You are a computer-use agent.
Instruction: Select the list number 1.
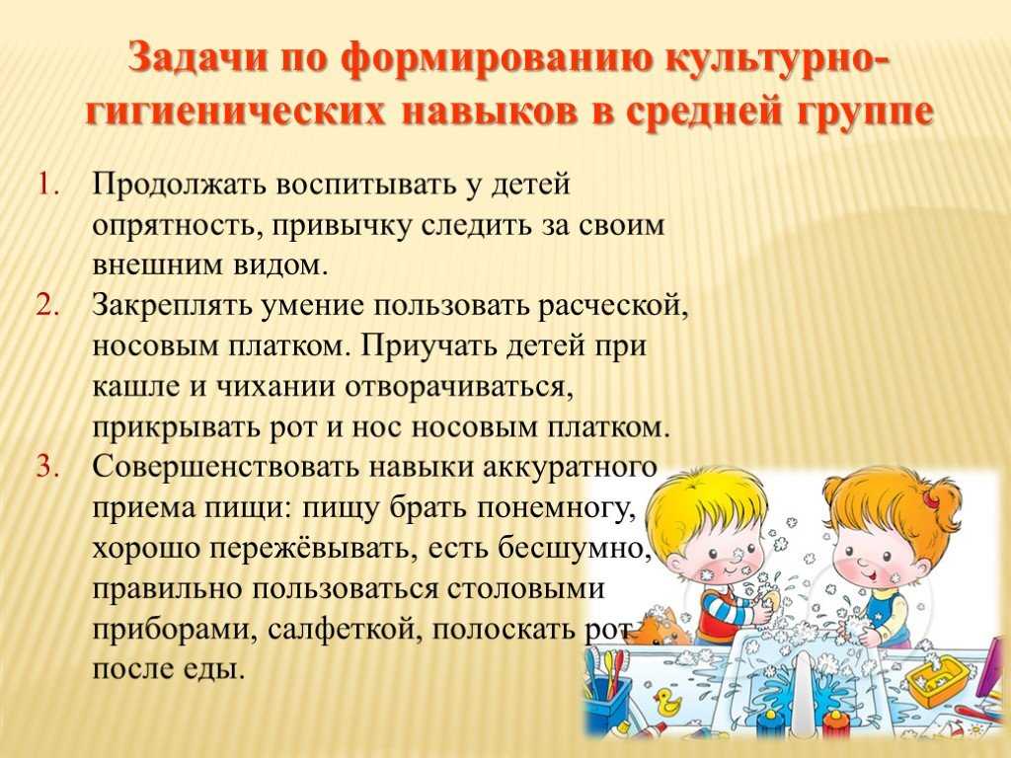coord(48,186)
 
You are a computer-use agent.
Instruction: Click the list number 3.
coord(49,466)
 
